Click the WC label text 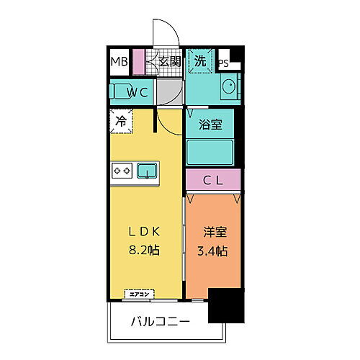pos(138,91)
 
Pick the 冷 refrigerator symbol pos(120,121)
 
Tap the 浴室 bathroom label pos(210,124)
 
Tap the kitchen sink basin pos(148,171)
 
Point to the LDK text pos(144,231)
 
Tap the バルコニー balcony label pos(161,320)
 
